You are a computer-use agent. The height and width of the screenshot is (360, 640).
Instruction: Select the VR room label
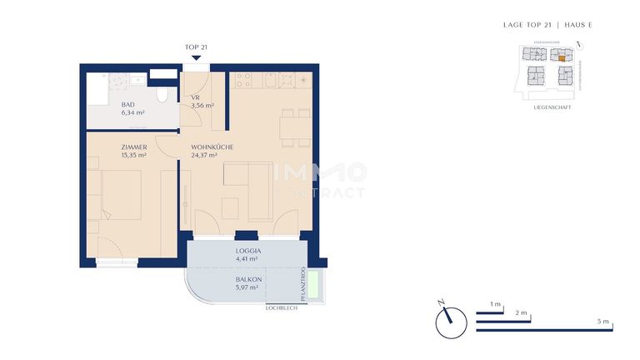(x=194, y=97)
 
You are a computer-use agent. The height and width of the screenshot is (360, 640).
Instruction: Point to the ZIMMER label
(x=109, y=147)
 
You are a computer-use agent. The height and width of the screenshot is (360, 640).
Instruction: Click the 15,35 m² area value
(x=110, y=155)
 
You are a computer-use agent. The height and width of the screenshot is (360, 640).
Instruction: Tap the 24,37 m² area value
(x=204, y=155)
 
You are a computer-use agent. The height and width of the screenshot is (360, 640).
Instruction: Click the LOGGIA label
(x=249, y=250)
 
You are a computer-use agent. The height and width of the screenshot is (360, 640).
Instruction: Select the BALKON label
(x=247, y=279)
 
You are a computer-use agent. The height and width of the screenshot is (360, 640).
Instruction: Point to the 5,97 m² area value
(x=247, y=287)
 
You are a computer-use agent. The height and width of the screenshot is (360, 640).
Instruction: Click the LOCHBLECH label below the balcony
(x=282, y=308)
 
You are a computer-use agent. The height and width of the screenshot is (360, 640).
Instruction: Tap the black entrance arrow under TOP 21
(x=196, y=57)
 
